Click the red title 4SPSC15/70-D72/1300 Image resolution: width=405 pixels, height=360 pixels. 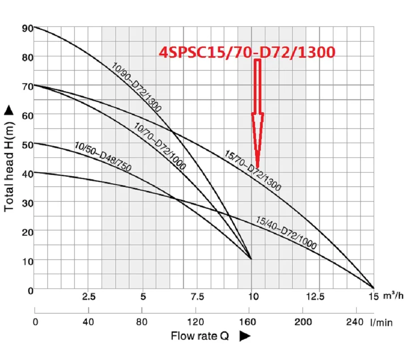click(x=247, y=53)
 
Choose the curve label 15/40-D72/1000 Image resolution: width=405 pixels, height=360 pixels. click(x=286, y=233)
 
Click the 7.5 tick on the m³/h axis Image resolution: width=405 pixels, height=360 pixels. click(x=197, y=296)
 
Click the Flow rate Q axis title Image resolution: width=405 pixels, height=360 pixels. click(x=200, y=336)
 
